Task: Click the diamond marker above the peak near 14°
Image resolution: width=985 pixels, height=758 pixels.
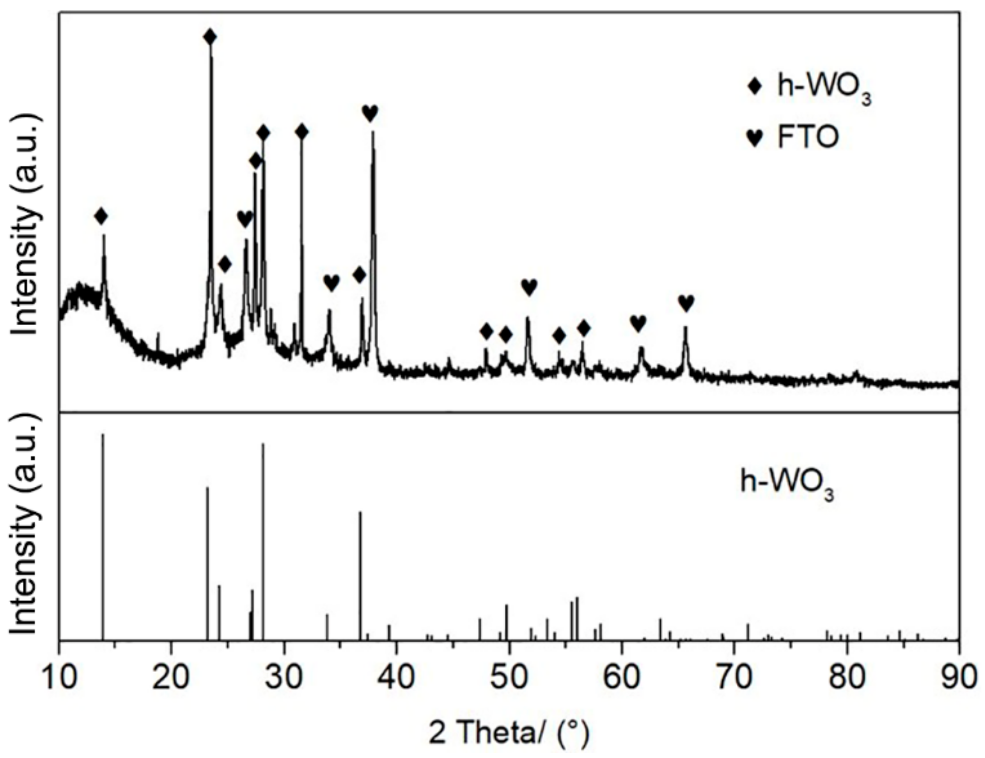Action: [x=101, y=216]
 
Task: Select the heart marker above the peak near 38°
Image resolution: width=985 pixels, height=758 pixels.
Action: [x=370, y=113]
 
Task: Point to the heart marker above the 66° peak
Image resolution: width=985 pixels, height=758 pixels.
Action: [x=686, y=302]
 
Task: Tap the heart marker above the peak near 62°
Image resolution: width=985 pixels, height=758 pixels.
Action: [x=638, y=323]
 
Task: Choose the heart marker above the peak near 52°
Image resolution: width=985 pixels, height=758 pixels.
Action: [x=529, y=287]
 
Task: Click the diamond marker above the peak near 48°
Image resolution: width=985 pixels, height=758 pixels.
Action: [x=486, y=332]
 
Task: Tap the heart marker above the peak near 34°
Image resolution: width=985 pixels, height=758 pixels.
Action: [x=331, y=283]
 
